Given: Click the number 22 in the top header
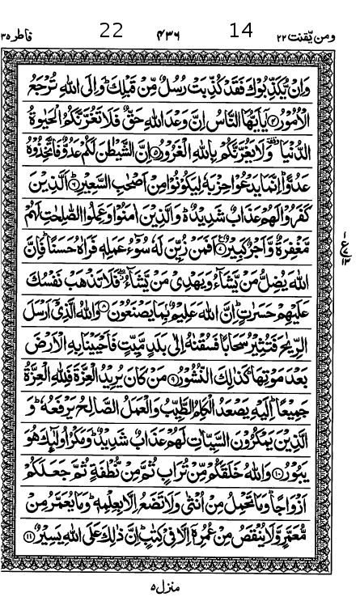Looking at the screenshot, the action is (x=111, y=31).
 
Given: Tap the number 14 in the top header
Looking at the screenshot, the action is (x=241, y=31).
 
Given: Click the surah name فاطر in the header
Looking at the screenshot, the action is (x=23, y=34).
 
